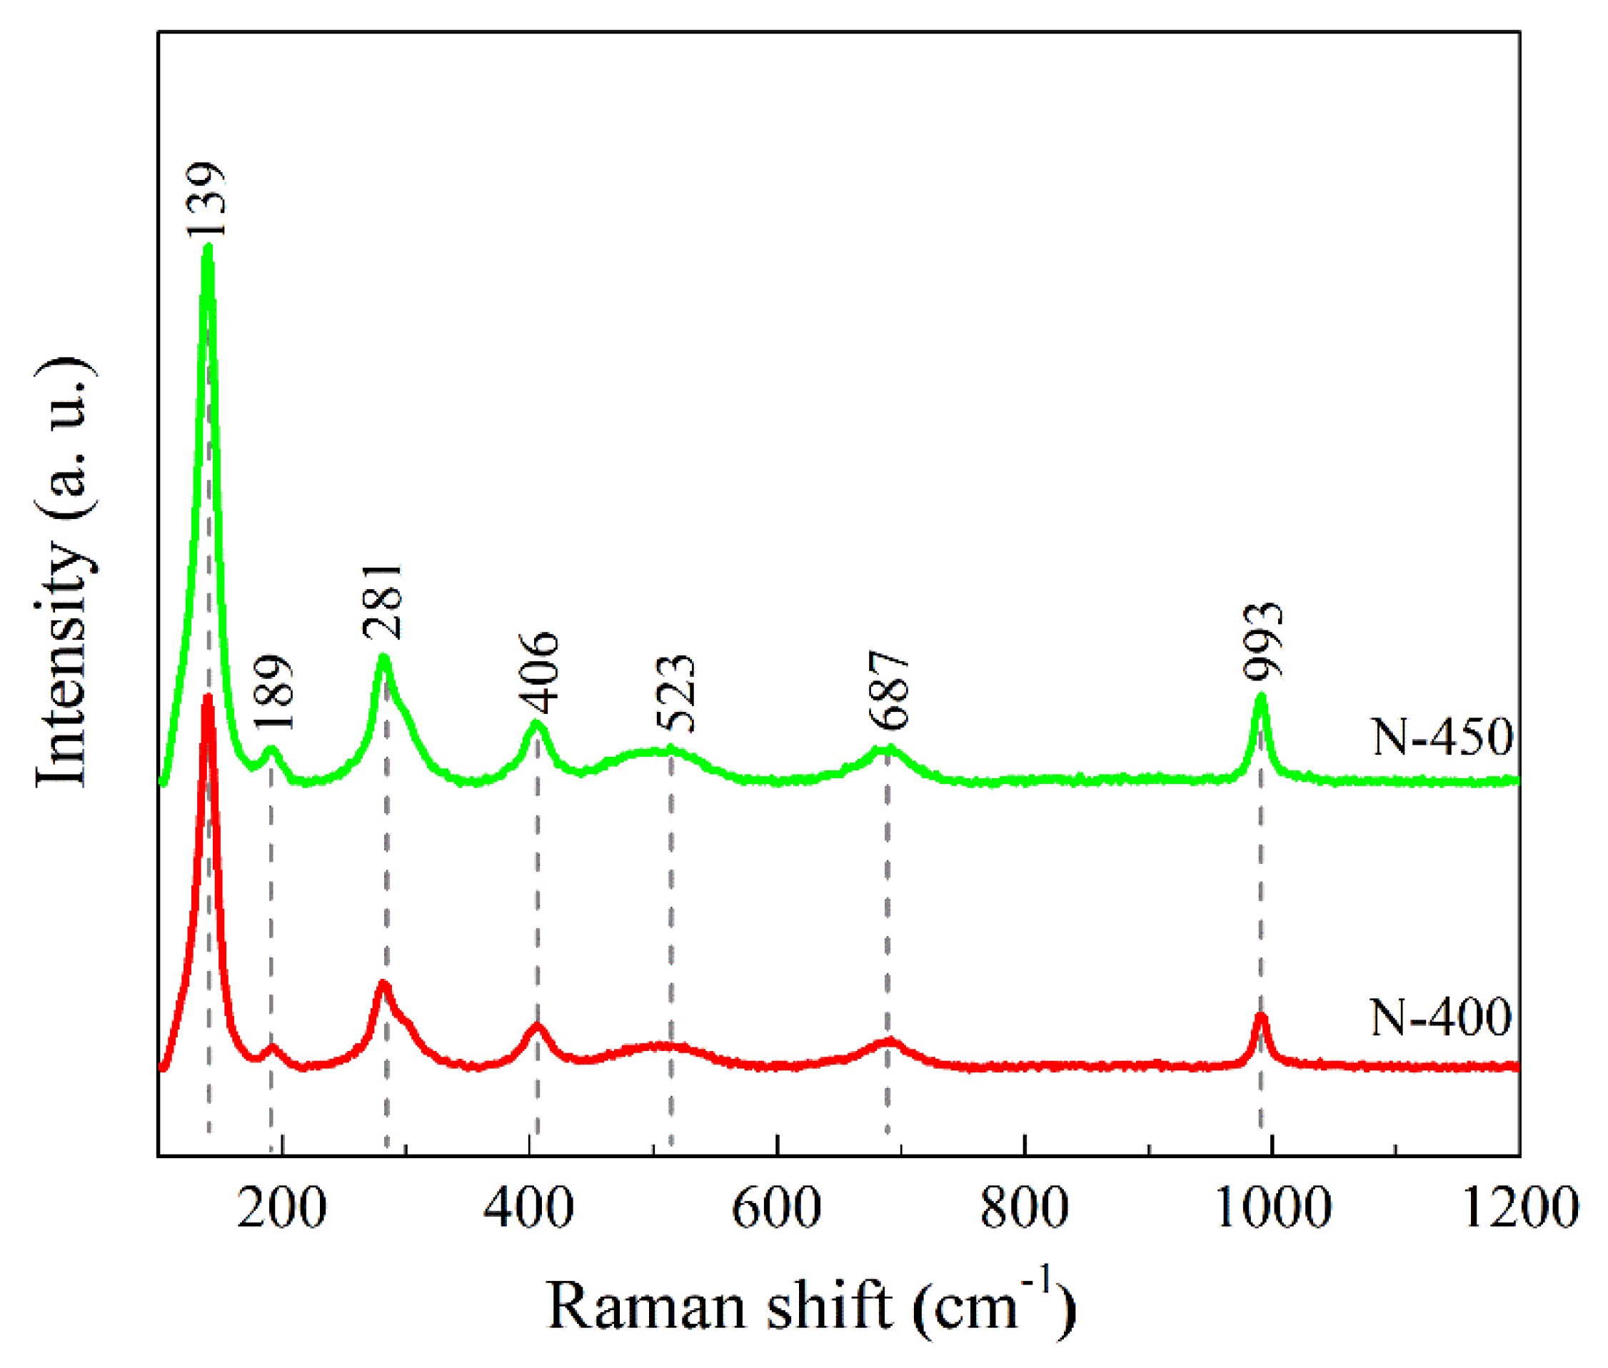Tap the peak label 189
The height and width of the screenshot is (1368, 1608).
point(273,693)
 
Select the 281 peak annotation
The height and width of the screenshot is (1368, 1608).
point(383,601)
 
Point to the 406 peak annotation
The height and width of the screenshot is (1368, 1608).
point(538,672)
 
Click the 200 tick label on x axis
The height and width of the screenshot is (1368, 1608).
point(281,1207)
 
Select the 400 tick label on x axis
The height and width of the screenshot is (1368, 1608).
point(528,1207)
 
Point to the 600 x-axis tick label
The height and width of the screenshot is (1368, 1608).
point(776,1207)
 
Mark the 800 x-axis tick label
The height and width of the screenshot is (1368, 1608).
point(1025,1207)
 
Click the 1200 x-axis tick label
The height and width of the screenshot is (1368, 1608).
point(1519,1207)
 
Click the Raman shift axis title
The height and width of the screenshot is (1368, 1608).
point(810,1304)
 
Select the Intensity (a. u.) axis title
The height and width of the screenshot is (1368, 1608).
point(66,573)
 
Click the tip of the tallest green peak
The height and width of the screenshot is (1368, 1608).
point(207,248)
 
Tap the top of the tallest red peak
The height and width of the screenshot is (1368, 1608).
point(207,698)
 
